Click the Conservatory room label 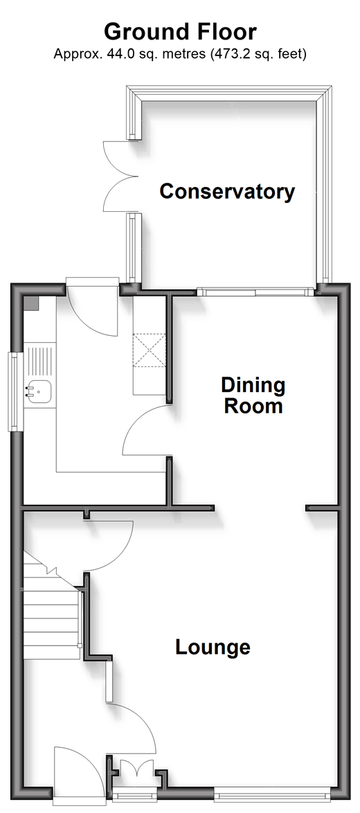point(227,191)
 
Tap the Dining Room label point(253,395)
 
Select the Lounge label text point(213,647)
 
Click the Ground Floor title point(180,32)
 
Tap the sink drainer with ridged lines point(40,361)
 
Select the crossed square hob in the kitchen point(149,350)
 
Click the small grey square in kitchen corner point(32,304)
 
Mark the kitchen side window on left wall point(15,391)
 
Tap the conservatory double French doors point(121,176)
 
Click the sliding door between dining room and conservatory point(256,292)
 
